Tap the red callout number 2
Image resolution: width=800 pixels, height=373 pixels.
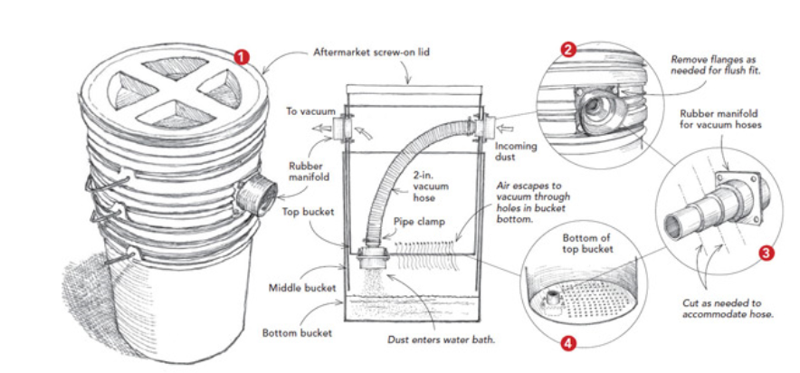point(567,50)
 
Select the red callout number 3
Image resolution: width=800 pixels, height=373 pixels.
point(767,253)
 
